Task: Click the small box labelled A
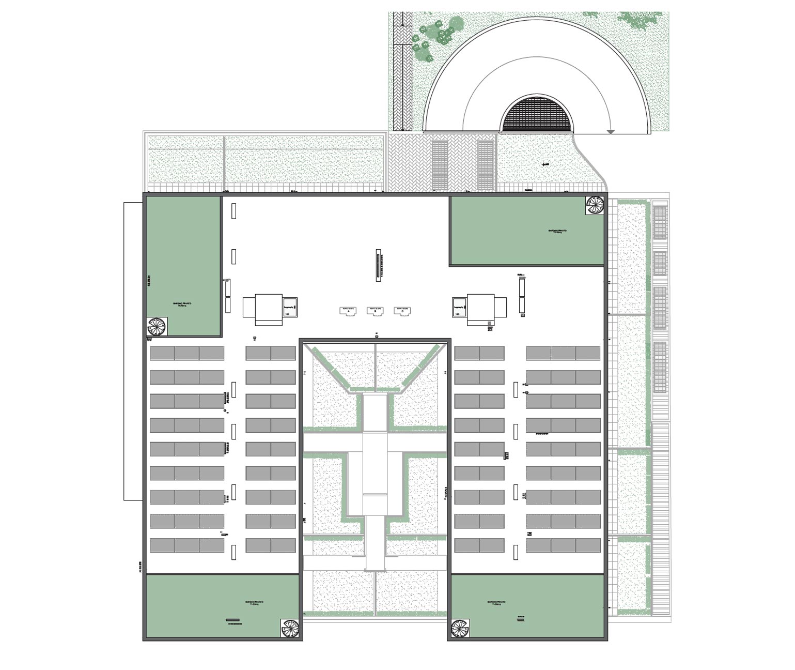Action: coord(348,310)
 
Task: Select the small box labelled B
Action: coord(375,310)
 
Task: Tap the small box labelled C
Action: coord(402,310)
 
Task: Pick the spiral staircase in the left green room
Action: coord(157,326)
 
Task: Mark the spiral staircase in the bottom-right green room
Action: coord(460,629)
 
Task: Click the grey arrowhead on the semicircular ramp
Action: coord(610,132)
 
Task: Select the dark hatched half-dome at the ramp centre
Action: coord(537,115)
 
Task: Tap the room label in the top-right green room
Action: coord(557,232)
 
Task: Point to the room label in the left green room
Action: coord(181,304)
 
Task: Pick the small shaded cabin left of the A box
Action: coord(289,307)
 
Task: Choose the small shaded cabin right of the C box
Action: coord(460,307)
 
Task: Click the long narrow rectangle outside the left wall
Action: coord(133,351)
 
